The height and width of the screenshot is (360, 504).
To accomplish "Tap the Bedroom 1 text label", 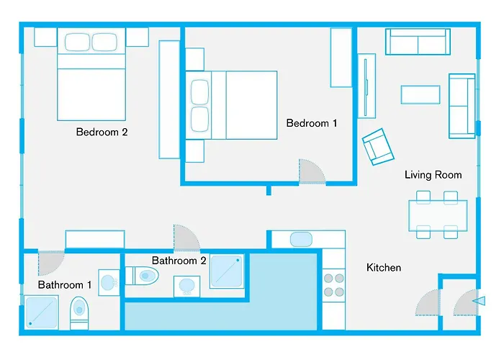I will pos(312,123).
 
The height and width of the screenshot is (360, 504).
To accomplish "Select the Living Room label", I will pos(433,175).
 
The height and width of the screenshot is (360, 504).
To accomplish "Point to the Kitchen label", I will pos(384,268).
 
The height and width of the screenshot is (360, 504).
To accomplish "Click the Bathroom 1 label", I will pos(65,285).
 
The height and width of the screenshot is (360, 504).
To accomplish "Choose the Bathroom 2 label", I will pos(179,261).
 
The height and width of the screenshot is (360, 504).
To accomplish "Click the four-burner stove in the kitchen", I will pos(333,284).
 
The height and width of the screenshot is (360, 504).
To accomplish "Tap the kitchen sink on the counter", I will pos(300,240).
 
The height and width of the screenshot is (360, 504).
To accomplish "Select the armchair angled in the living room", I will pos(378,146).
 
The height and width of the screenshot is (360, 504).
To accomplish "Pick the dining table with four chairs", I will pos(437,214).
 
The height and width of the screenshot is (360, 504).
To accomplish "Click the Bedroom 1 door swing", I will pos(311,171).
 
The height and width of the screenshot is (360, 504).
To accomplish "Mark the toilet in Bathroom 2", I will pos(142,276).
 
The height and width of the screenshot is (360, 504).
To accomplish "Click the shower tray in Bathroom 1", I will pos(42,312).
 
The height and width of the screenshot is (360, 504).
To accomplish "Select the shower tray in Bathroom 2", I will pos(228,271).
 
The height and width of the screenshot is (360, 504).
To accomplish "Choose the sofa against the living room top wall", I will pos(418,42).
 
